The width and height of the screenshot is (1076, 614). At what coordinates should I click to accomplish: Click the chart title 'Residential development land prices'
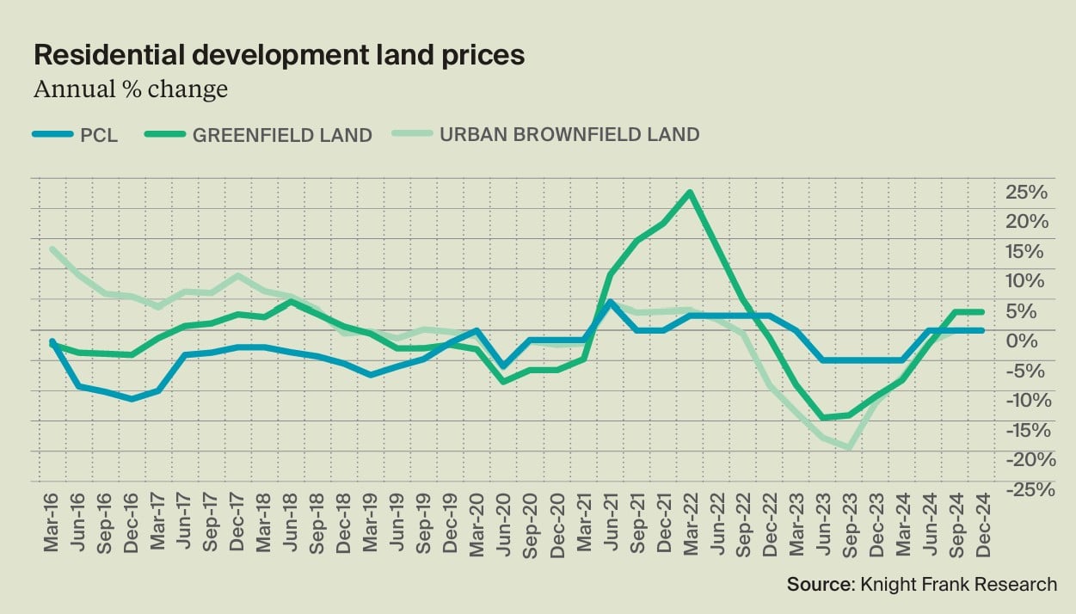click(279, 56)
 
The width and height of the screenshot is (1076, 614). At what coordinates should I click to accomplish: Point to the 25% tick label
click(1027, 192)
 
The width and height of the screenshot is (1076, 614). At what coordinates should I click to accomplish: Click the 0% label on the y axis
click(1033, 341)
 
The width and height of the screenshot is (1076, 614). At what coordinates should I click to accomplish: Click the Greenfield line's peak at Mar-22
click(690, 193)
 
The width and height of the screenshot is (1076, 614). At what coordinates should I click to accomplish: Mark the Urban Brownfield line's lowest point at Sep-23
click(850, 448)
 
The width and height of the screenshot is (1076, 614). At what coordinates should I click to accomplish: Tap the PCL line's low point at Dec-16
click(132, 399)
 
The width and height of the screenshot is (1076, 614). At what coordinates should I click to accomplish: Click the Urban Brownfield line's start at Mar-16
click(53, 249)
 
